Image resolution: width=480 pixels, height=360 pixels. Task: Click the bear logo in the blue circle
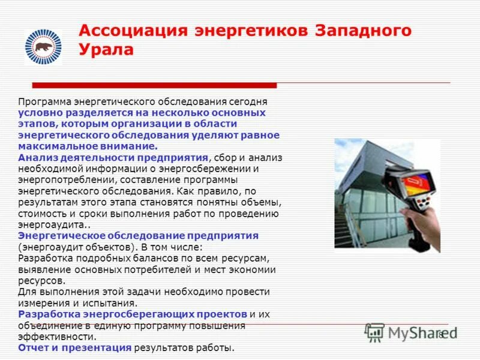pos(43,46)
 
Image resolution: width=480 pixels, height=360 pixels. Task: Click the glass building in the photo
pos(360,192)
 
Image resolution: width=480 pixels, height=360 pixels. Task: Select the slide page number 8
pos(441,334)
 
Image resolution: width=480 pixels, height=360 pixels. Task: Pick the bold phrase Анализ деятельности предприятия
pos(113,157)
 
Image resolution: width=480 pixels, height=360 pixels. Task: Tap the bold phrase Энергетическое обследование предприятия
pos(138,235)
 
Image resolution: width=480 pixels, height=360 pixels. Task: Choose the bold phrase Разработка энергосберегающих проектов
pos(133,314)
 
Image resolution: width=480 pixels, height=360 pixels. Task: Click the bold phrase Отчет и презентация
pos(74,347)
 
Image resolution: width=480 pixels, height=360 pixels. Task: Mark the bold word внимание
pos(128,146)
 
